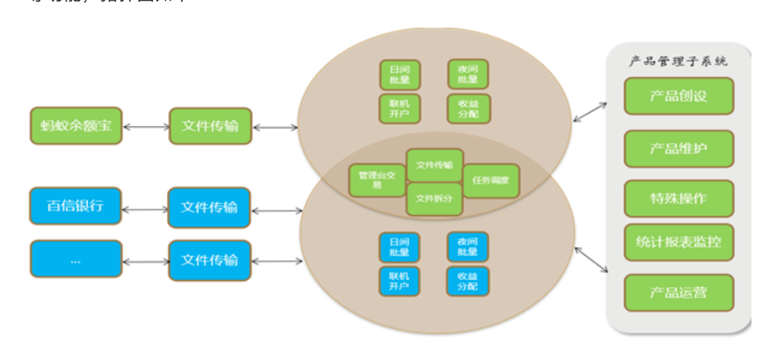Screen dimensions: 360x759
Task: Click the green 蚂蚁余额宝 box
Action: point(76,125)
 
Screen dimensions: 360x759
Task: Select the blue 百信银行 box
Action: point(75,206)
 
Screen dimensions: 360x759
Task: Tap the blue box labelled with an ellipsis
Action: point(76,259)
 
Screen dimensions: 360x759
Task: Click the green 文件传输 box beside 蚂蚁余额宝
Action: point(210,126)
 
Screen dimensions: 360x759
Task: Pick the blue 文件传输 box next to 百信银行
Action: point(209,207)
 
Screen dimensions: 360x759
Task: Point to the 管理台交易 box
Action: point(376,180)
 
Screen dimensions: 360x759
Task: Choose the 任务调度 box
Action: point(491,180)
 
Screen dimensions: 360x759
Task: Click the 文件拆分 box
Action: point(434,199)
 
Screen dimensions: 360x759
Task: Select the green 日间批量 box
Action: point(400,74)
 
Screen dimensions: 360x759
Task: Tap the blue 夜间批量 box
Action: point(468,247)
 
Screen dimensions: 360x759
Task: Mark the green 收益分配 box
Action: point(468,108)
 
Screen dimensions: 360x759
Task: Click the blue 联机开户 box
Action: point(399,281)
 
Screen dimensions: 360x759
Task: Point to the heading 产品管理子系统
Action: point(678,61)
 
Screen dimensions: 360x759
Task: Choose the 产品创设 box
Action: point(678,96)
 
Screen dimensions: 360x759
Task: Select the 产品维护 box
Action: point(678,149)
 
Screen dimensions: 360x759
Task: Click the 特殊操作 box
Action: point(678,198)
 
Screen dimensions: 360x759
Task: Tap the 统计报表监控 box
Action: point(678,242)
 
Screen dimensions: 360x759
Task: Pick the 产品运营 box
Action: point(678,292)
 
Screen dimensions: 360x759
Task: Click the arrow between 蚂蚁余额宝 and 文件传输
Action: point(145,127)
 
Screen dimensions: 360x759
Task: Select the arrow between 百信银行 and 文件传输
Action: point(145,207)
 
